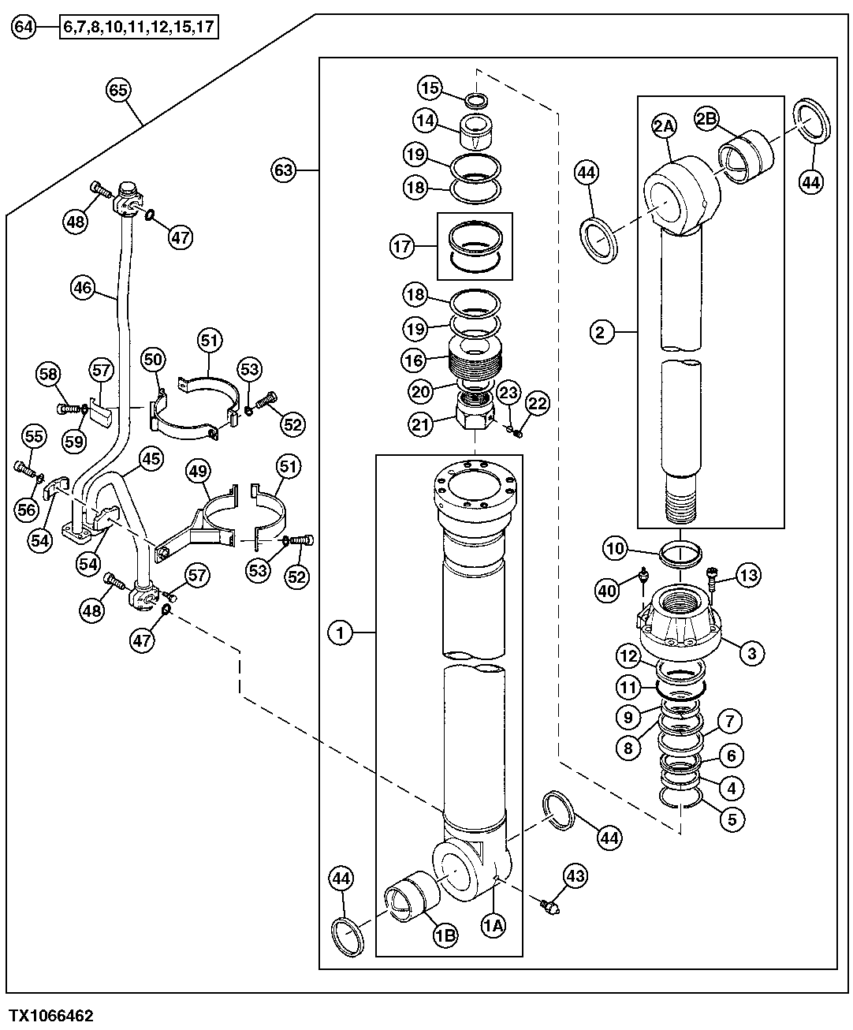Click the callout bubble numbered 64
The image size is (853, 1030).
[x=25, y=28]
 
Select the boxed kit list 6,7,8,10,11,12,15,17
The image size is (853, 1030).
[x=140, y=28]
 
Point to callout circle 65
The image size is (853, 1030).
[x=117, y=91]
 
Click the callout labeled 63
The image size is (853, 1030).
[x=285, y=170]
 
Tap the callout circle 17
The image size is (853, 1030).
[x=402, y=247]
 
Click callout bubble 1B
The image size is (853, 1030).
[x=445, y=935]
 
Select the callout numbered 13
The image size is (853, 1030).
[x=749, y=576]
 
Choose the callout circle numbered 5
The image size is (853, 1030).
[x=732, y=819]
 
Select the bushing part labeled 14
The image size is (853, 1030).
[x=476, y=129]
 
